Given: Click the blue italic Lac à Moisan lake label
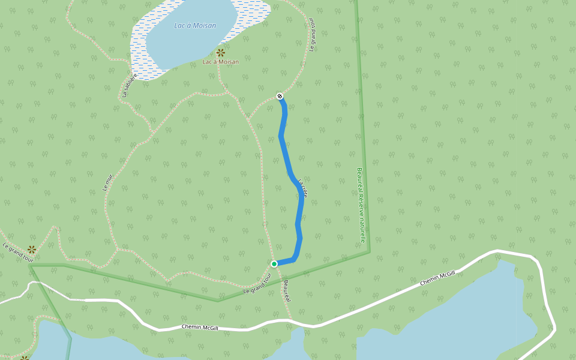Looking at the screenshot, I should [195, 25].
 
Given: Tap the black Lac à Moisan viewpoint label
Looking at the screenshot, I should [220, 62].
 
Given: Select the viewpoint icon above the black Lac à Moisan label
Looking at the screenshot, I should [220, 52].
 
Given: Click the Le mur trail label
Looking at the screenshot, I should [108, 182].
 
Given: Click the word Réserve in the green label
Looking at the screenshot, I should [361, 205].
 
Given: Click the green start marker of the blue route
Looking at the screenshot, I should [274, 264].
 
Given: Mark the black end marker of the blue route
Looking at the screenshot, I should [280, 96].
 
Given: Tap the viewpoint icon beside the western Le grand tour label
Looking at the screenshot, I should [31, 249].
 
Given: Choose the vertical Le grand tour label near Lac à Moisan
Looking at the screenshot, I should [312, 35].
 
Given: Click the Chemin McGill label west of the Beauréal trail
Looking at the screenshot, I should [200, 328].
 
